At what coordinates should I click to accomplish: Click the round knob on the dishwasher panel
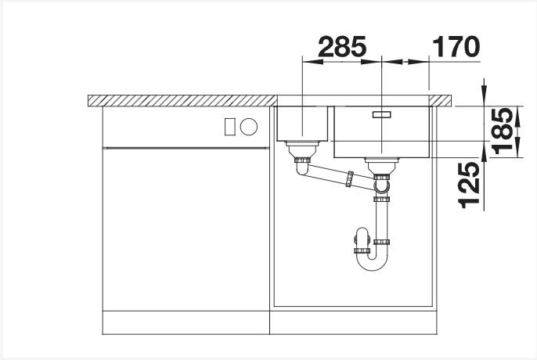coord(249,125)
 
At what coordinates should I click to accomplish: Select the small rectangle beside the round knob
coord(230,125)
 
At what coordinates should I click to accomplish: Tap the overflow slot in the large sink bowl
coord(381,113)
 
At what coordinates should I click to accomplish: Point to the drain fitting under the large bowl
coord(381,163)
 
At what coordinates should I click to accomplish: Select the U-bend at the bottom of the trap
coord(374,263)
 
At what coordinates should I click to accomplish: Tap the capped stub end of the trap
coord(360,235)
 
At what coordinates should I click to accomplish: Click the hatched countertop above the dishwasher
coord(180,99)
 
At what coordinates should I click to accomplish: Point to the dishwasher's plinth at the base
coord(186,322)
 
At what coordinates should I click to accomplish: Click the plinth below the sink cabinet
coord(352,322)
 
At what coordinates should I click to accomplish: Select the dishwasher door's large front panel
coord(186,227)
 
